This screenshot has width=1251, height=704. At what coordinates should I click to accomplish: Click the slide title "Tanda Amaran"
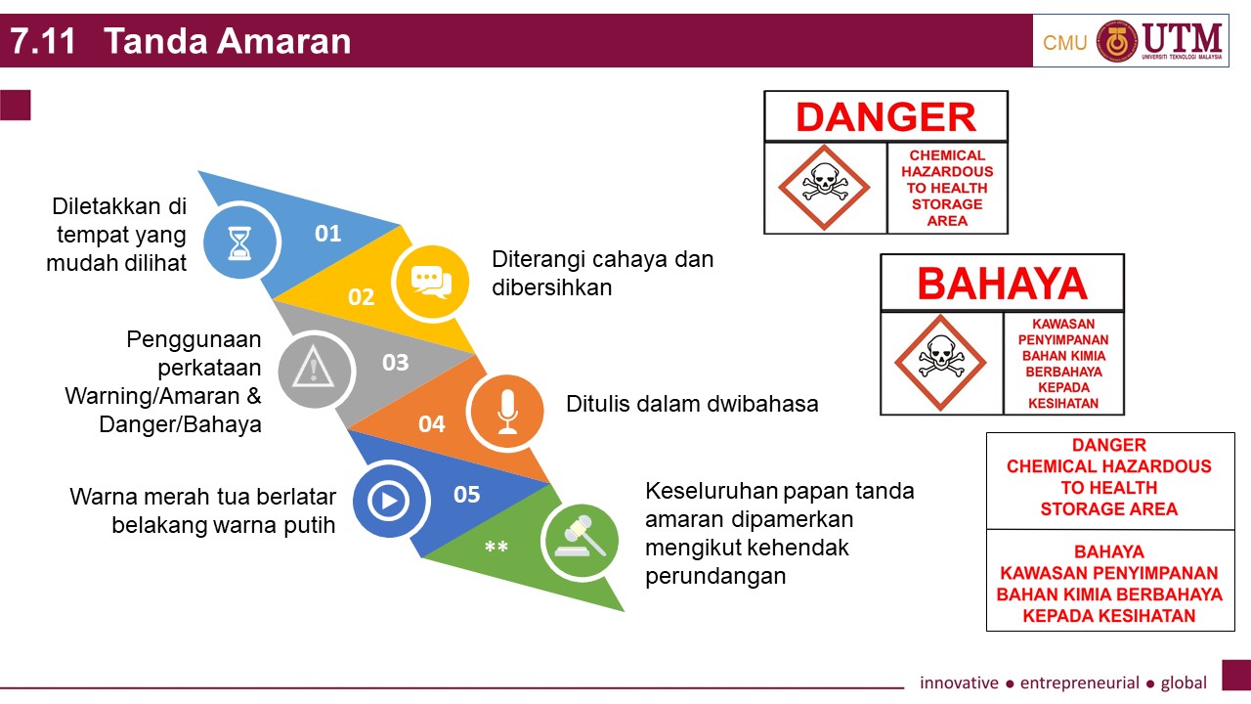[227, 42]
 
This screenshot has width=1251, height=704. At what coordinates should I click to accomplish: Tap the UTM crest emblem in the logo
[1116, 41]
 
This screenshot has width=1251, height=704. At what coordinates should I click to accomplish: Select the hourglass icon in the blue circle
[239, 242]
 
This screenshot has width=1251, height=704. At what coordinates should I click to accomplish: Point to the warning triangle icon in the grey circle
[314, 370]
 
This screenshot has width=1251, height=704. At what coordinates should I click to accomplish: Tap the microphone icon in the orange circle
[506, 412]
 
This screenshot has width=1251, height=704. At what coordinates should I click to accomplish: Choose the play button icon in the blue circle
[388, 501]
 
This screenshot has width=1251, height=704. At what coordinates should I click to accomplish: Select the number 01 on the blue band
[328, 234]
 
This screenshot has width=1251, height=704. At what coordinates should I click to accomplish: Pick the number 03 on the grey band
[395, 363]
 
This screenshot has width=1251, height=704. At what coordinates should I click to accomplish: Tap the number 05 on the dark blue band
[467, 495]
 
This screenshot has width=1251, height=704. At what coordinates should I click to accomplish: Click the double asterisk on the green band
[496, 548]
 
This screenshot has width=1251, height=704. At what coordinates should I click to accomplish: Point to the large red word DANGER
[885, 117]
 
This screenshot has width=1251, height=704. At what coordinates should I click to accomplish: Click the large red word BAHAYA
[1002, 284]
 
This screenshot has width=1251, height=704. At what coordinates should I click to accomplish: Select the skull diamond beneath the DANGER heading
[824, 187]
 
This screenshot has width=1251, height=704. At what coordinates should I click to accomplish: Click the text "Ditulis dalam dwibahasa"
[692, 404]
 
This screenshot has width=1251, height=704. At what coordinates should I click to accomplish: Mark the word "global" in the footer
[1184, 682]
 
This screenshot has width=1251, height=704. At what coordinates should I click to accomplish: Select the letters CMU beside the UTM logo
[1064, 43]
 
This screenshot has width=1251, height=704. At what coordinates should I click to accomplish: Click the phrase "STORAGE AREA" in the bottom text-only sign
[1108, 508]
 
